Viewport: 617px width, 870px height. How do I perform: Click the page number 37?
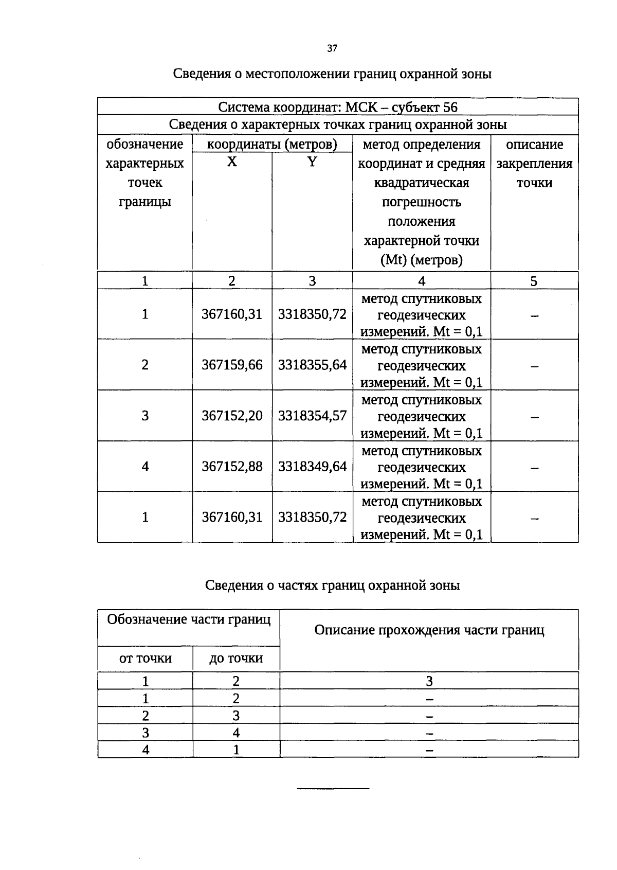[x=332, y=48]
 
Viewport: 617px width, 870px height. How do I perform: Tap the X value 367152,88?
[x=232, y=467]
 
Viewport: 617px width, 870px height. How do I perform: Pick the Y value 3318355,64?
[x=312, y=365]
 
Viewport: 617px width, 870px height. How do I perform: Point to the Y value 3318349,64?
[x=312, y=467]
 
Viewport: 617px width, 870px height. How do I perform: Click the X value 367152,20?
[x=232, y=416]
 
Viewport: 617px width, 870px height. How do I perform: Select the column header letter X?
[x=232, y=163]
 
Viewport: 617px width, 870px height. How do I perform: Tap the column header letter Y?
[x=312, y=163]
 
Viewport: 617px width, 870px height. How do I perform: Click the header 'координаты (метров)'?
[x=272, y=145]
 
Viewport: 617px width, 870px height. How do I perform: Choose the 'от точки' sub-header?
[x=145, y=659]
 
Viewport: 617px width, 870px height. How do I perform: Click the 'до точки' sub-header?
[x=236, y=659]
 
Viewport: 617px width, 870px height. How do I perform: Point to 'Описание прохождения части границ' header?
[x=429, y=630]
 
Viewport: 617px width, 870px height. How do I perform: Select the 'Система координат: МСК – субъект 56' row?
[x=338, y=107]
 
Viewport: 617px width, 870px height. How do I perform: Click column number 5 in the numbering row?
[x=534, y=281]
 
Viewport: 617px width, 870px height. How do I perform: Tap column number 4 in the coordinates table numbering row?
[x=422, y=281]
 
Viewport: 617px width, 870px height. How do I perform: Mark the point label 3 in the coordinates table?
[x=145, y=416]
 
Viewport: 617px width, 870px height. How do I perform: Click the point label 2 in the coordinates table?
[x=145, y=365]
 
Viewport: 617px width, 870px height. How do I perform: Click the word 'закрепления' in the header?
[x=534, y=164]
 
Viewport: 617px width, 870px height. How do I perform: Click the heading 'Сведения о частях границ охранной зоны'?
[x=332, y=585]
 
